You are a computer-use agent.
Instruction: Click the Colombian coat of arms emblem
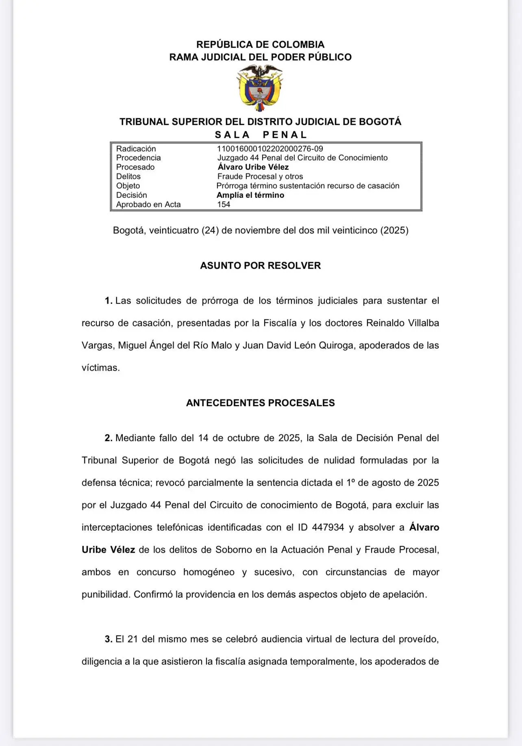[260, 88]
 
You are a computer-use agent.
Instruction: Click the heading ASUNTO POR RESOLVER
[260, 266]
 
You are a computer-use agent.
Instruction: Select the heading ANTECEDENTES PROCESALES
[260, 403]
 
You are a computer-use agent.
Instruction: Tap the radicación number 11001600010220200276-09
[270, 149]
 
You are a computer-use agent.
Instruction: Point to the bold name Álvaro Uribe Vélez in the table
[253, 167]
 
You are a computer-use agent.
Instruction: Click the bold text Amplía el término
[250, 195]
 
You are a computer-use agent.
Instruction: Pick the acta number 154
[224, 204]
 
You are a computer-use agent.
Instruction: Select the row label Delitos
[128, 176]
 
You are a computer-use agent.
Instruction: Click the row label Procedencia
[138, 158]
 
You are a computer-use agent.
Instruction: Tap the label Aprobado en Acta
[148, 204]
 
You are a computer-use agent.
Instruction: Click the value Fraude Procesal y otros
[260, 176]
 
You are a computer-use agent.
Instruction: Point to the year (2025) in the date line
[394, 230]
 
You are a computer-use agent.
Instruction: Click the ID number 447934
[328, 527]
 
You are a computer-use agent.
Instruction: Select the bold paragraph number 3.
[108, 639]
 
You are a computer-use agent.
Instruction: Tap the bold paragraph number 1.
[108, 301]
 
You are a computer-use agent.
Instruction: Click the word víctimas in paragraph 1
[100, 368]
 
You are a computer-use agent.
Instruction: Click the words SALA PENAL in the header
[260, 135]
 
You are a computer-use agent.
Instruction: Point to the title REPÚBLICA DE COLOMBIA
[260, 44]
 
